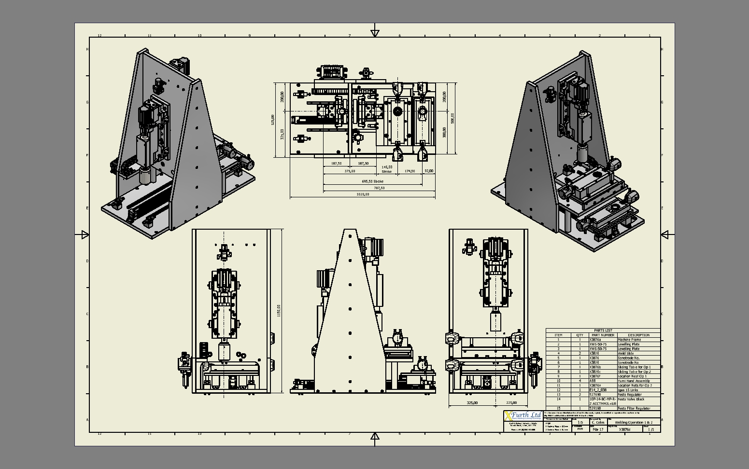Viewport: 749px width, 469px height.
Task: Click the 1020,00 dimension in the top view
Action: pos(363,194)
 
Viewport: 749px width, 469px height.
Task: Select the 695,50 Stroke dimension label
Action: pos(372,181)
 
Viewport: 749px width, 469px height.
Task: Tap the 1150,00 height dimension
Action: pos(278,311)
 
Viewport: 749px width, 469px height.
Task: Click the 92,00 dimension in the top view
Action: pos(428,171)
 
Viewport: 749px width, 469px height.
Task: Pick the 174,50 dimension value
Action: pos(410,171)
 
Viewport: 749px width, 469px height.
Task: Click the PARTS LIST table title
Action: pos(603,331)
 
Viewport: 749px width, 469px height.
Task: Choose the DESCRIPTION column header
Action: pos(638,335)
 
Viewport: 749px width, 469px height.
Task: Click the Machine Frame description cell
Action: pos(629,340)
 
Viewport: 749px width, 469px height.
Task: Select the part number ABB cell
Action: pos(593,381)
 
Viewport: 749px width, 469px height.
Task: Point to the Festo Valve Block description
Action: pos(631,399)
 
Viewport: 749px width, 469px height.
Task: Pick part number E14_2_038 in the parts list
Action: pos(598,390)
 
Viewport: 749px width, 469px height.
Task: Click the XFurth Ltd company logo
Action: pos(523,415)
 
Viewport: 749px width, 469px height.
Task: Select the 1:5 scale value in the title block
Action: pos(580,422)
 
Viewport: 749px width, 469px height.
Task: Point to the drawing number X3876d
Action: pos(624,429)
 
